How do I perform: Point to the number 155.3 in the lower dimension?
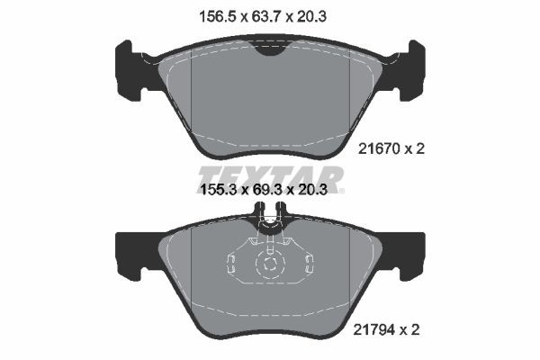tap(216, 191)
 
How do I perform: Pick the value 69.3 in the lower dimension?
tap(269, 191)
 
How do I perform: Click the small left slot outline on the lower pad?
tap(230, 263)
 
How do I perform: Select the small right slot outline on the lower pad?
tap(310, 263)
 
